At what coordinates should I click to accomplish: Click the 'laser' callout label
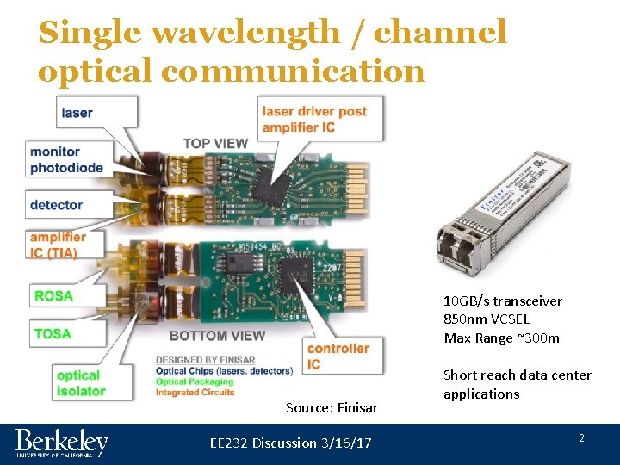[x=77, y=113]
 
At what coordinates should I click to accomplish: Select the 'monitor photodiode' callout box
[x=67, y=160]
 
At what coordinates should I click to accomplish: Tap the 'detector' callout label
[x=57, y=205]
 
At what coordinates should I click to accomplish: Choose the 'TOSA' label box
[x=53, y=333]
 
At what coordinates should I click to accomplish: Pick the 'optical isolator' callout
[x=80, y=383]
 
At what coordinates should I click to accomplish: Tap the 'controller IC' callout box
[x=338, y=356]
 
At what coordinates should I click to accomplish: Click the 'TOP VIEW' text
[x=215, y=144]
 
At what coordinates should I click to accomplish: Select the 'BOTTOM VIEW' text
[x=217, y=335]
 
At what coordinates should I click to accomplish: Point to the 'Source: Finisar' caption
[x=332, y=407]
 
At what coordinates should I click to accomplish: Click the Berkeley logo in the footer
[x=62, y=443]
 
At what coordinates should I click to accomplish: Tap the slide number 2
[x=581, y=438]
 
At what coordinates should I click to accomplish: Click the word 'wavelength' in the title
[x=245, y=33]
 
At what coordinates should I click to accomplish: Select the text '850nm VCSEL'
[x=487, y=319]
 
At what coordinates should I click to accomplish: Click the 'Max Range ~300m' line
[x=501, y=338]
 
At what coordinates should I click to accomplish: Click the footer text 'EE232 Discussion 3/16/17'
[x=291, y=443]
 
